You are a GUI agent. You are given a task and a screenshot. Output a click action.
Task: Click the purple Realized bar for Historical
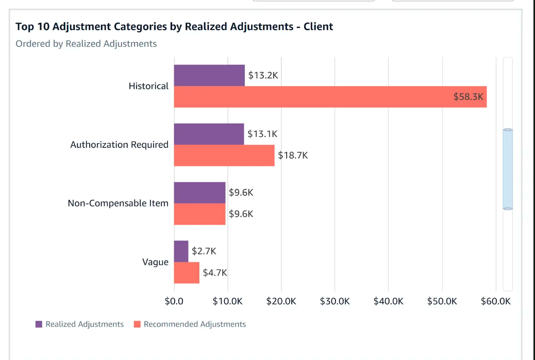click(209, 75)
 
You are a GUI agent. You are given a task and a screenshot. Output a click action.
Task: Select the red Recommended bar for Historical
click(330, 97)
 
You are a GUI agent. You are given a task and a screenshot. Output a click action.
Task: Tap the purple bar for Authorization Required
click(209, 134)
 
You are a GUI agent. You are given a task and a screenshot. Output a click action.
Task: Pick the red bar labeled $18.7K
click(224, 156)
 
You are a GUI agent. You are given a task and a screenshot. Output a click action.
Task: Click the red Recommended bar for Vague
click(186, 273)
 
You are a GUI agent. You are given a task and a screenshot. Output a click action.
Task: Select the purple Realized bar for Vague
click(181, 251)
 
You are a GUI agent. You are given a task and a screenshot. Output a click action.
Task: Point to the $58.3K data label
click(469, 97)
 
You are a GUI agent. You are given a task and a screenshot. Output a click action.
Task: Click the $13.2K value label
click(263, 75)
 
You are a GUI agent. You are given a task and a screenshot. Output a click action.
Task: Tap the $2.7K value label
click(204, 251)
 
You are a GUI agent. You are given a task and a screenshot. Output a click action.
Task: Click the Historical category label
click(148, 86)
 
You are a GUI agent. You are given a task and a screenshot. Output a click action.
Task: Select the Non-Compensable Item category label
click(118, 203)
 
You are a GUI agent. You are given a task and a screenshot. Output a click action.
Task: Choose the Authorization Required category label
click(119, 145)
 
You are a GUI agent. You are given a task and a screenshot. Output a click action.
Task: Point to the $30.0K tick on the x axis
click(335, 301)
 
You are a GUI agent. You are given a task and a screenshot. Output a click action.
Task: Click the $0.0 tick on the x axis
click(174, 301)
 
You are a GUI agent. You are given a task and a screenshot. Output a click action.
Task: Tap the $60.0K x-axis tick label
click(495, 301)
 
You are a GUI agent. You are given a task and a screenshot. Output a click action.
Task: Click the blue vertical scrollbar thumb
click(508, 169)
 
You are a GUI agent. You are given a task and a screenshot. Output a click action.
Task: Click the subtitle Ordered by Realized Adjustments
click(86, 44)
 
